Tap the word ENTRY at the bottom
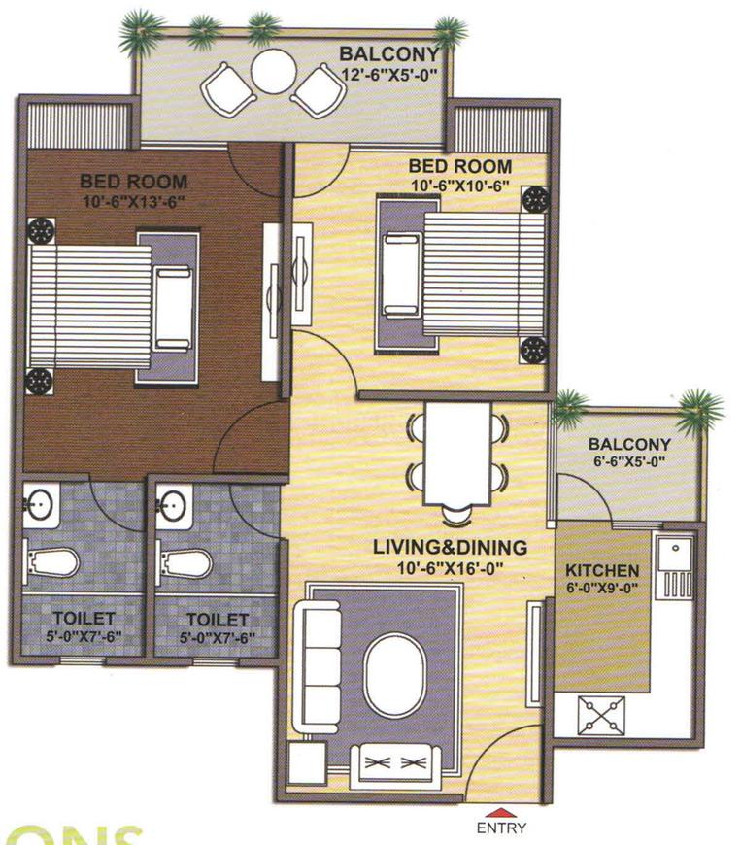click(501, 828)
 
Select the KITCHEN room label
click(601, 570)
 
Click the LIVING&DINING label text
click(450, 548)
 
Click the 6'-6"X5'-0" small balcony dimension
click(628, 462)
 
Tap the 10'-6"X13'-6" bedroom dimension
click(133, 201)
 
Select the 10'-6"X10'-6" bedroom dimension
click(460, 185)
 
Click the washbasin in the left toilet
click(39, 504)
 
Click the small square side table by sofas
click(309, 764)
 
